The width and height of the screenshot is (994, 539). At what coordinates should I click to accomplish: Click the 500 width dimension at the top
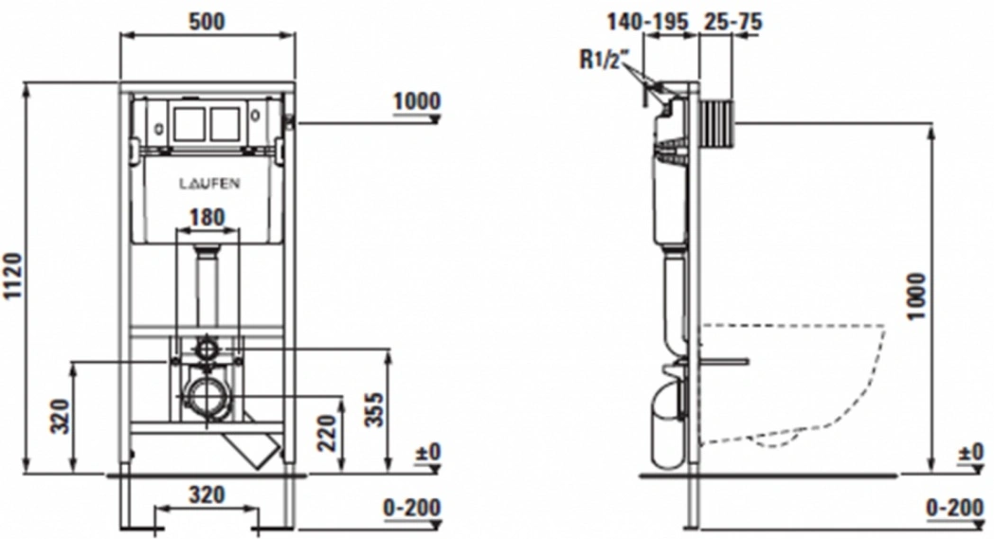[x=208, y=21]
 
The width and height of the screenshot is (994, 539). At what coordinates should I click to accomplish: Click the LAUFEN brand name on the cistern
[x=209, y=184]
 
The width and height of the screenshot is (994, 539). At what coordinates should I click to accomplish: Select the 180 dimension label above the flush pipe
[x=208, y=217]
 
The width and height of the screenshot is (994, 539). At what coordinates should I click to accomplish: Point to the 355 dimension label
[x=375, y=410]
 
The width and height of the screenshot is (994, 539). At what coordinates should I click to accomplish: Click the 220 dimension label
[x=327, y=433]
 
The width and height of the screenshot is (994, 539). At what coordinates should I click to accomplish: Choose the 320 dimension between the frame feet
[x=208, y=494]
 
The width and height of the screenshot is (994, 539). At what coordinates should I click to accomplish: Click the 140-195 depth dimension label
[x=647, y=22]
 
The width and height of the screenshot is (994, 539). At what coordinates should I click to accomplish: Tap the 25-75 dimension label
[x=732, y=22]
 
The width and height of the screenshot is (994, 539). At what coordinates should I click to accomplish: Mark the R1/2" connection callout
[x=602, y=60]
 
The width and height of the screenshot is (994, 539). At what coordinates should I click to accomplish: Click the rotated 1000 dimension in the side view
[x=916, y=296]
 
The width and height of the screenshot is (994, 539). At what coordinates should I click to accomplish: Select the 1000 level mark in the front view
[x=417, y=101]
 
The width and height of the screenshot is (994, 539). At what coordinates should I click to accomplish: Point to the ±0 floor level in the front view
[x=427, y=452]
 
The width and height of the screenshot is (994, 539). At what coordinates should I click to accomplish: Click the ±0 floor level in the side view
[x=971, y=452]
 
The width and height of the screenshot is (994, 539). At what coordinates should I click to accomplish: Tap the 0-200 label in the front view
[x=412, y=508]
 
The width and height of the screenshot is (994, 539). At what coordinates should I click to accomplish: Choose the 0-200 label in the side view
[x=955, y=508]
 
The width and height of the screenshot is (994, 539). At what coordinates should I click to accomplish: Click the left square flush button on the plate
[x=188, y=123]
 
